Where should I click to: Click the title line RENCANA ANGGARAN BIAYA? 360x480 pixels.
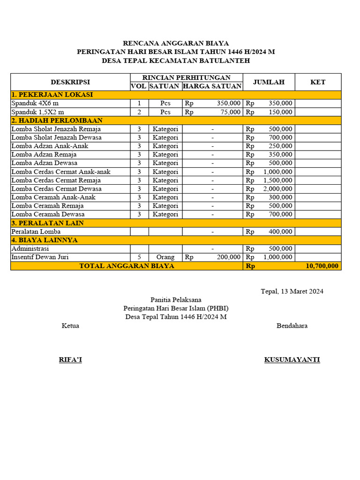click(176, 43)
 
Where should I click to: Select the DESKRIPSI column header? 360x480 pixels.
click(70, 82)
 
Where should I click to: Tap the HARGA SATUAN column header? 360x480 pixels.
click(212, 86)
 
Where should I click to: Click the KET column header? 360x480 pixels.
click(318, 82)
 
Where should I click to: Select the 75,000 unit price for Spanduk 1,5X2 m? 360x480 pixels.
click(231, 112)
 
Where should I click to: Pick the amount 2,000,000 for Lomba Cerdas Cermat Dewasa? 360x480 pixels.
click(277, 189)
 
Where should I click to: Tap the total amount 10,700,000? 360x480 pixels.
click(322, 266)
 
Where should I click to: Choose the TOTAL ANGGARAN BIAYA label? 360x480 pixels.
click(127, 266)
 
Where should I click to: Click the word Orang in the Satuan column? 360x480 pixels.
click(165, 257)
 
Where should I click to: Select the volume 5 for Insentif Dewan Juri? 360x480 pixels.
click(139, 257)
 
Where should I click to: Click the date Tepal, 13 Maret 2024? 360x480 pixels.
click(292, 292)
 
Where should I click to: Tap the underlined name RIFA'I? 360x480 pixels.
click(70, 360)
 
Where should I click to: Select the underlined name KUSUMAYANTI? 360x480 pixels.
click(292, 360)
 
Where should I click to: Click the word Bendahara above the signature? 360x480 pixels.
click(292, 326)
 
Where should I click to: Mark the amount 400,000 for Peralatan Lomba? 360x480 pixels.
click(280, 232)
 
